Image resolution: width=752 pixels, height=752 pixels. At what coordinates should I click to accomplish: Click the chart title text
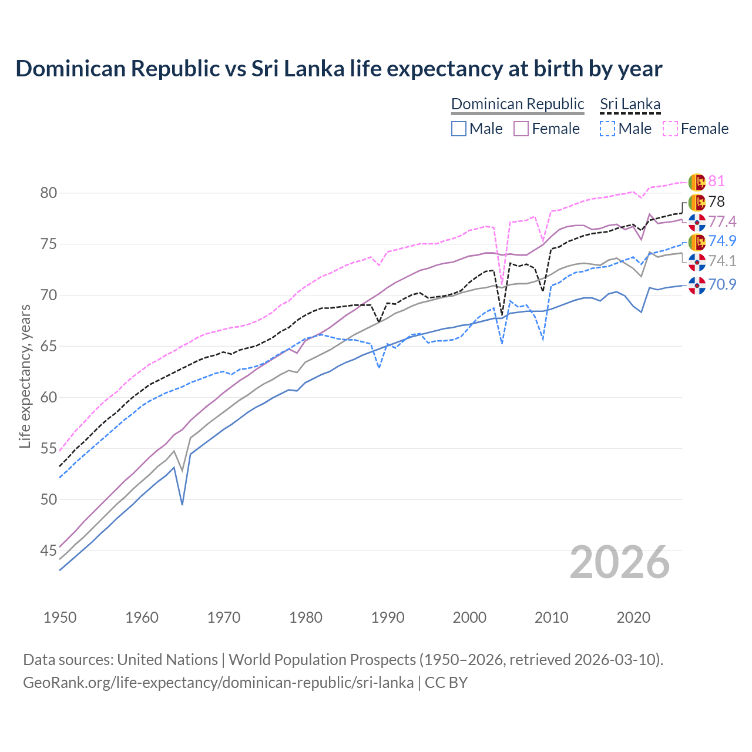[338, 69]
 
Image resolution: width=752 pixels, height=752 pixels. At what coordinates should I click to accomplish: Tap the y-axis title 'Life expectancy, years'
[25, 376]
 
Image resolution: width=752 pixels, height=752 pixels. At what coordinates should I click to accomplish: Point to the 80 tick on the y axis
[49, 193]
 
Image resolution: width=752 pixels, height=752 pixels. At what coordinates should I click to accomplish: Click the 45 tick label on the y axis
[49, 550]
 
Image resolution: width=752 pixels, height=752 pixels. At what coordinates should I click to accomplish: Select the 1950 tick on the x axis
[60, 617]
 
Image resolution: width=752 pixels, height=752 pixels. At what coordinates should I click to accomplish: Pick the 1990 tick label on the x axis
[388, 617]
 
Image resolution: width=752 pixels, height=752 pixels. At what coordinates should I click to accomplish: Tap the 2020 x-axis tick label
[633, 617]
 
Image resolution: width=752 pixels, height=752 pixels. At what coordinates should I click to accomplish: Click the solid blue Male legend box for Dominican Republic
[459, 129]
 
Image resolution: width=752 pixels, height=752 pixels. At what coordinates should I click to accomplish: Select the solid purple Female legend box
[521, 129]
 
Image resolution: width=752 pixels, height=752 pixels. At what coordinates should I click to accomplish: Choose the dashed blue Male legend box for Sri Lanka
[607, 129]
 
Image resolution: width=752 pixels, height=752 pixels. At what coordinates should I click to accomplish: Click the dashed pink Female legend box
[670, 129]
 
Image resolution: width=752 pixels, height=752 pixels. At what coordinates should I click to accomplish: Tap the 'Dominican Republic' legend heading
[518, 104]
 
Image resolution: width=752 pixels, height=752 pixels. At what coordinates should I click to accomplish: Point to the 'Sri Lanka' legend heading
[630, 104]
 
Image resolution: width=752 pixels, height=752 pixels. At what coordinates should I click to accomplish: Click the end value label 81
[716, 182]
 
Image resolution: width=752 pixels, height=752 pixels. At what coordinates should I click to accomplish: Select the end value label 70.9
[722, 285]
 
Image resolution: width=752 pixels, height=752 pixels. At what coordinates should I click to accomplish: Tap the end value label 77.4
[722, 221]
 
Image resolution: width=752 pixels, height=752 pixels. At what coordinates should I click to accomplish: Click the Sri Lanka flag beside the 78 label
[697, 202]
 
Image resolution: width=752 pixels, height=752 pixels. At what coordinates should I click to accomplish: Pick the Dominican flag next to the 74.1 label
[697, 261]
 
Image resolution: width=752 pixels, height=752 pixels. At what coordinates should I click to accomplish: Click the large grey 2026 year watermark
[619, 562]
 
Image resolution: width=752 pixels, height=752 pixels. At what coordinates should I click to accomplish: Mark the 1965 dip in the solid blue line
[182, 504]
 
